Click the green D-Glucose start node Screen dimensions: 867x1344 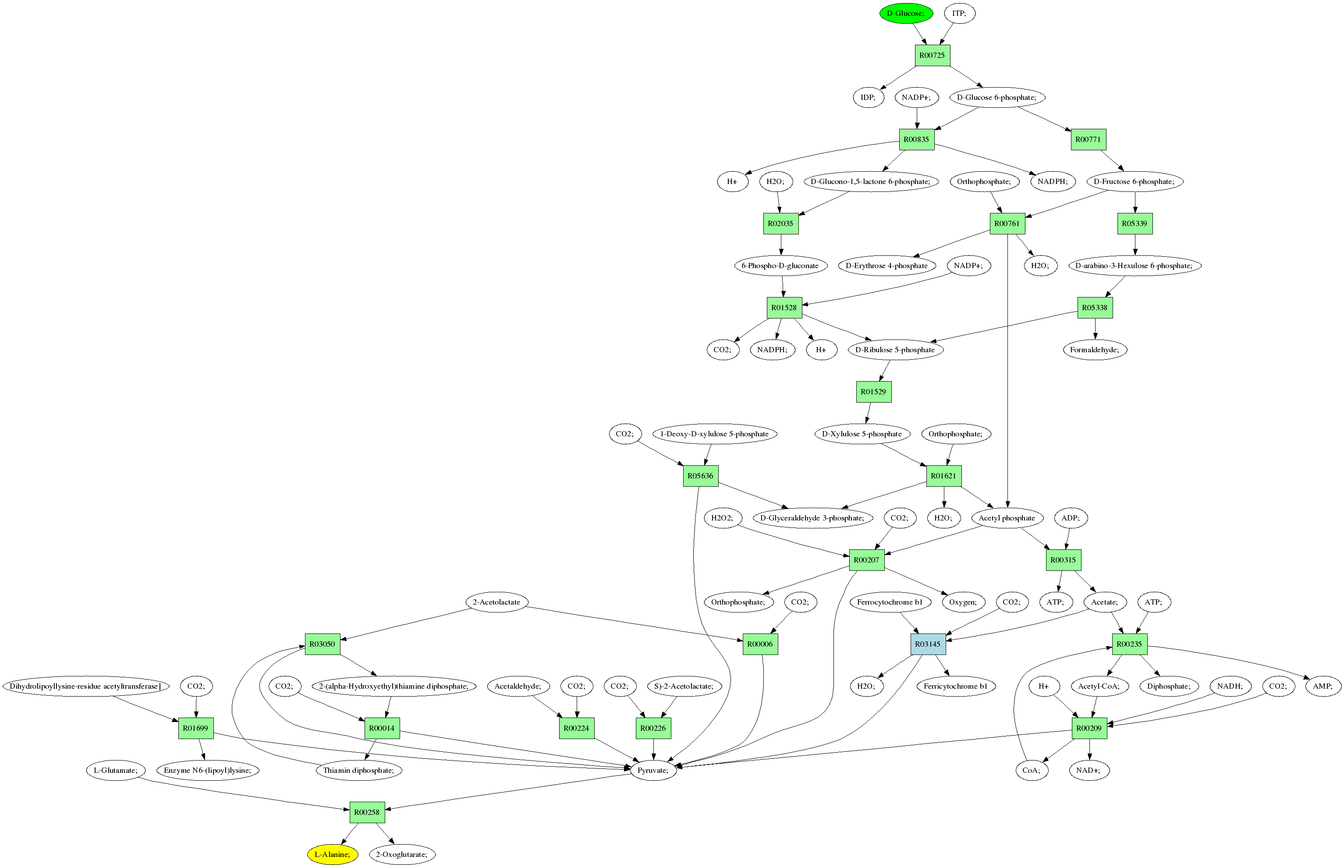click(905, 13)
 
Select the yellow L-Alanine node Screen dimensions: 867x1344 click(332, 854)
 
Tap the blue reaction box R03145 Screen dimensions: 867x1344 click(927, 644)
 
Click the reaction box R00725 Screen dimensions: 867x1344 click(932, 55)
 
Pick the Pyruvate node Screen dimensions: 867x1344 click(652, 770)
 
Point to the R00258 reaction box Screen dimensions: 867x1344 click(366, 812)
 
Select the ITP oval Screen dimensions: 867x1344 click(959, 13)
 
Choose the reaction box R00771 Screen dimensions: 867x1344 click(1088, 139)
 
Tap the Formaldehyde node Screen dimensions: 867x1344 click(1095, 350)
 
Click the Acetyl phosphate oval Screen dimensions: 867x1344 click(1006, 518)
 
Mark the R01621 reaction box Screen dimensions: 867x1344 click(943, 476)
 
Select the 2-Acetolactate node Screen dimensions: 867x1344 click(496, 602)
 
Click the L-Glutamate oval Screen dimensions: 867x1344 click(115, 770)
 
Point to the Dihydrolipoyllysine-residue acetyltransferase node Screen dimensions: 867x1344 click(85, 686)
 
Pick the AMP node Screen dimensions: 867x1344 click(1323, 686)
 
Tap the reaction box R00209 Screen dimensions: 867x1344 click(1089, 728)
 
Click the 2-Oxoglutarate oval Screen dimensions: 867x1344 click(401, 854)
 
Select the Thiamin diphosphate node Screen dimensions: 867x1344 click(358, 770)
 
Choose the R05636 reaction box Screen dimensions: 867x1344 click(700, 476)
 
